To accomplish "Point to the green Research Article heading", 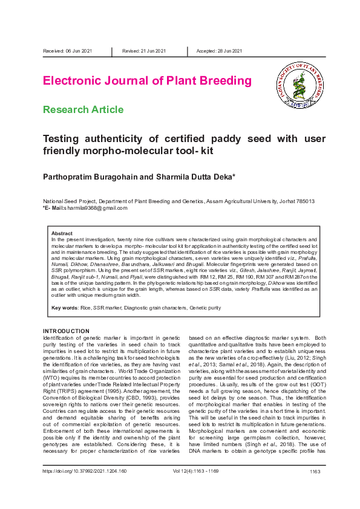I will click(x=83, y=109).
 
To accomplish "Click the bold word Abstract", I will click(x=62, y=233).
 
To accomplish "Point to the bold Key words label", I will click(x=64, y=308).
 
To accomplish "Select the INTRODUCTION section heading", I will click(x=66, y=331).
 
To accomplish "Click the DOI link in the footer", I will click(x=84, y=487).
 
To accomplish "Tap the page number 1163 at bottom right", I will click(x=314, y=487).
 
